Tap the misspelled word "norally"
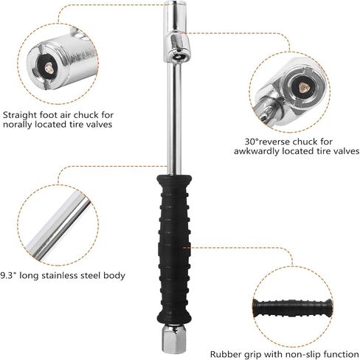click(16, 125)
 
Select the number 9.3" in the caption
click(10, 275)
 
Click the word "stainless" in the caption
click(65, 275)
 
